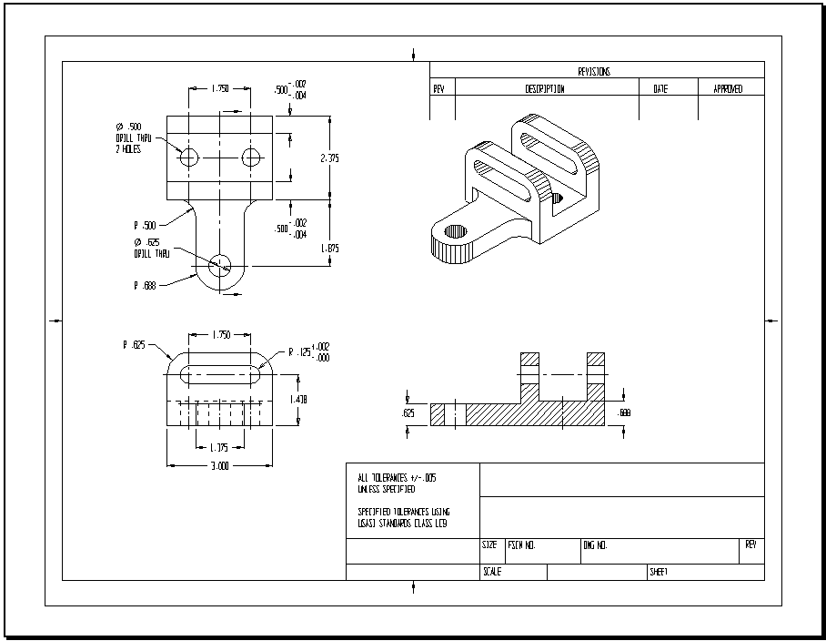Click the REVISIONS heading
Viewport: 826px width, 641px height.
pyautogui.click(x=594, y=71)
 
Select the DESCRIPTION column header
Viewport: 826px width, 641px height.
pyautogui.click(x=545, y=89)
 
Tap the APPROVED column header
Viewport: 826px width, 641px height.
pyautogui.click(x=728, y=89)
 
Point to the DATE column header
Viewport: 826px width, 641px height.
pyautogui.click(x=660, y=89)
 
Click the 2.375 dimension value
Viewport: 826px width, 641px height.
pyautogui.click(x=329, y=158)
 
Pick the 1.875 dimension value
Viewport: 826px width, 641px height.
pyautogui.click(x=329, y=248)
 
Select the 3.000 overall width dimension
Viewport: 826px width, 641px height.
pyautogui.click(x=219, y=465)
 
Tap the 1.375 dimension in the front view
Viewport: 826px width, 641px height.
pyautogui.click(x=219, y=447)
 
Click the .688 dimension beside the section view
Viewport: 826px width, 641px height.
pyautogui.click(x=623, y=413)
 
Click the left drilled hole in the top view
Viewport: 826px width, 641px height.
pyautogui.click(x=189, y=158)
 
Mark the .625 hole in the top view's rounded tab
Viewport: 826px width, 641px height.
pyautogui.click(x=219, y=265)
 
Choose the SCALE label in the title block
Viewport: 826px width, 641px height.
pyautogui.click(x=491, y=572)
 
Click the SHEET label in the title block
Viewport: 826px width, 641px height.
pyautogui.click(x=659, y=572)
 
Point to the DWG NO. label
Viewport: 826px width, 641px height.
pyautogui.click(x=595, y=545)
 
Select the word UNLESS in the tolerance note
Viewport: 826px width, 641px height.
pyautogui.click(x=371, y=489)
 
